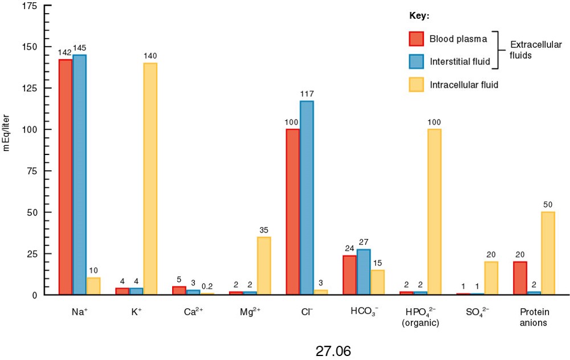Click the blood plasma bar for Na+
[66, 177]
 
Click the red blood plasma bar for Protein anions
[520, 278]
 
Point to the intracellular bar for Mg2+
[263, 265]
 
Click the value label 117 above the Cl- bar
[307, 94]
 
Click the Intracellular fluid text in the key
[465, 84]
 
